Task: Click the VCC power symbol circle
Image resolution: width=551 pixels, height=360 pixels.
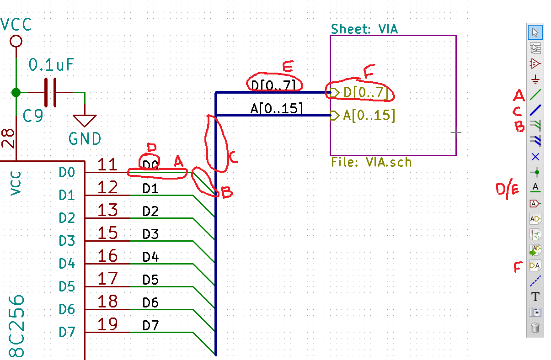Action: tap(16, 41)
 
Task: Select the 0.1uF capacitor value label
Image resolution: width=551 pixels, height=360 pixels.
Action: tap(51, 65)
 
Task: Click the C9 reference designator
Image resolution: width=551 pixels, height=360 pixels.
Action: tap(33, 116)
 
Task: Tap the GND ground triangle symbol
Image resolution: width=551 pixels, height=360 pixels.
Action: tap(85, 120)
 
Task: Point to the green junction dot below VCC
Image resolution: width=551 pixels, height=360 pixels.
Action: tap(16, 92)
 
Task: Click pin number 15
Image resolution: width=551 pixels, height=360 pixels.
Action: tap(107, 233)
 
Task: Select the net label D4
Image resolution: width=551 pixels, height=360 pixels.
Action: tap(150, 257)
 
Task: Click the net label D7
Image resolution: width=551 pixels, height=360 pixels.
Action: tap(150, 325)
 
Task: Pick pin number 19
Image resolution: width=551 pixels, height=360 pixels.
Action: tap(107, 324)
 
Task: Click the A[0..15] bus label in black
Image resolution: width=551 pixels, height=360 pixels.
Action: tap(276, 108)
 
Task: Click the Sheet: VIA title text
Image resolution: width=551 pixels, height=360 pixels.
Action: tap(364, 29)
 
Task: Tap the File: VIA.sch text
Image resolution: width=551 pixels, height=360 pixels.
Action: tap(371, 162)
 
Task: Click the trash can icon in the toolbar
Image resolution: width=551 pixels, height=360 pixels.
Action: tap(535, 328)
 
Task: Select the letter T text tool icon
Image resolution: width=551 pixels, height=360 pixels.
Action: tap(535, 296)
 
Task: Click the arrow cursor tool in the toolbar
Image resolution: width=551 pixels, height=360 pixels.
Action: tap(535, 32)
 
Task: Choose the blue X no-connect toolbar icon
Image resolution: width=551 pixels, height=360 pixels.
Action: tap(535, 157)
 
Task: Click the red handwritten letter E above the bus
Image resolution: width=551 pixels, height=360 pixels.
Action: tap(288, 67)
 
